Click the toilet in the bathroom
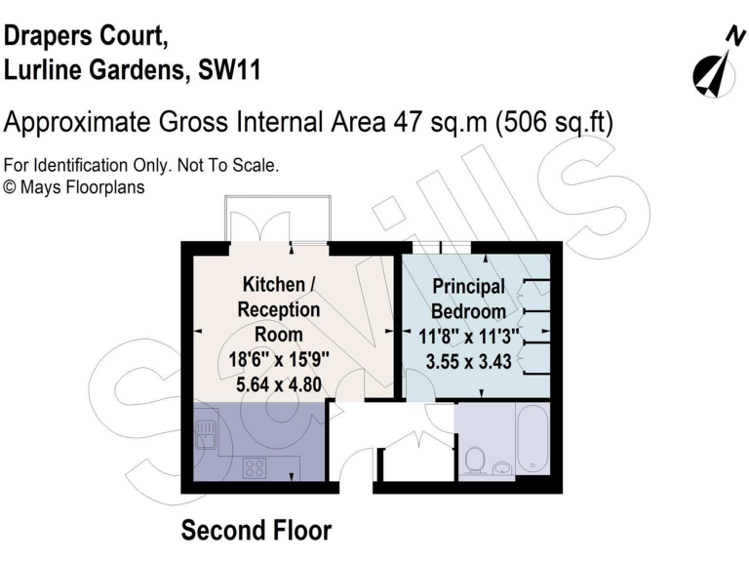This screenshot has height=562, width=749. click(475, 458)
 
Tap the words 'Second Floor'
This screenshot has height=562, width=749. click(256, 531)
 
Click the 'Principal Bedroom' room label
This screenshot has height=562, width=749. click(469, 300)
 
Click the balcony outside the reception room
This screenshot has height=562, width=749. click(277, 220)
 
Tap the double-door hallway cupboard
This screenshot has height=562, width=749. click(415, 458)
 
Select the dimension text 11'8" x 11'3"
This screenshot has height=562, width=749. click(469, 338)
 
